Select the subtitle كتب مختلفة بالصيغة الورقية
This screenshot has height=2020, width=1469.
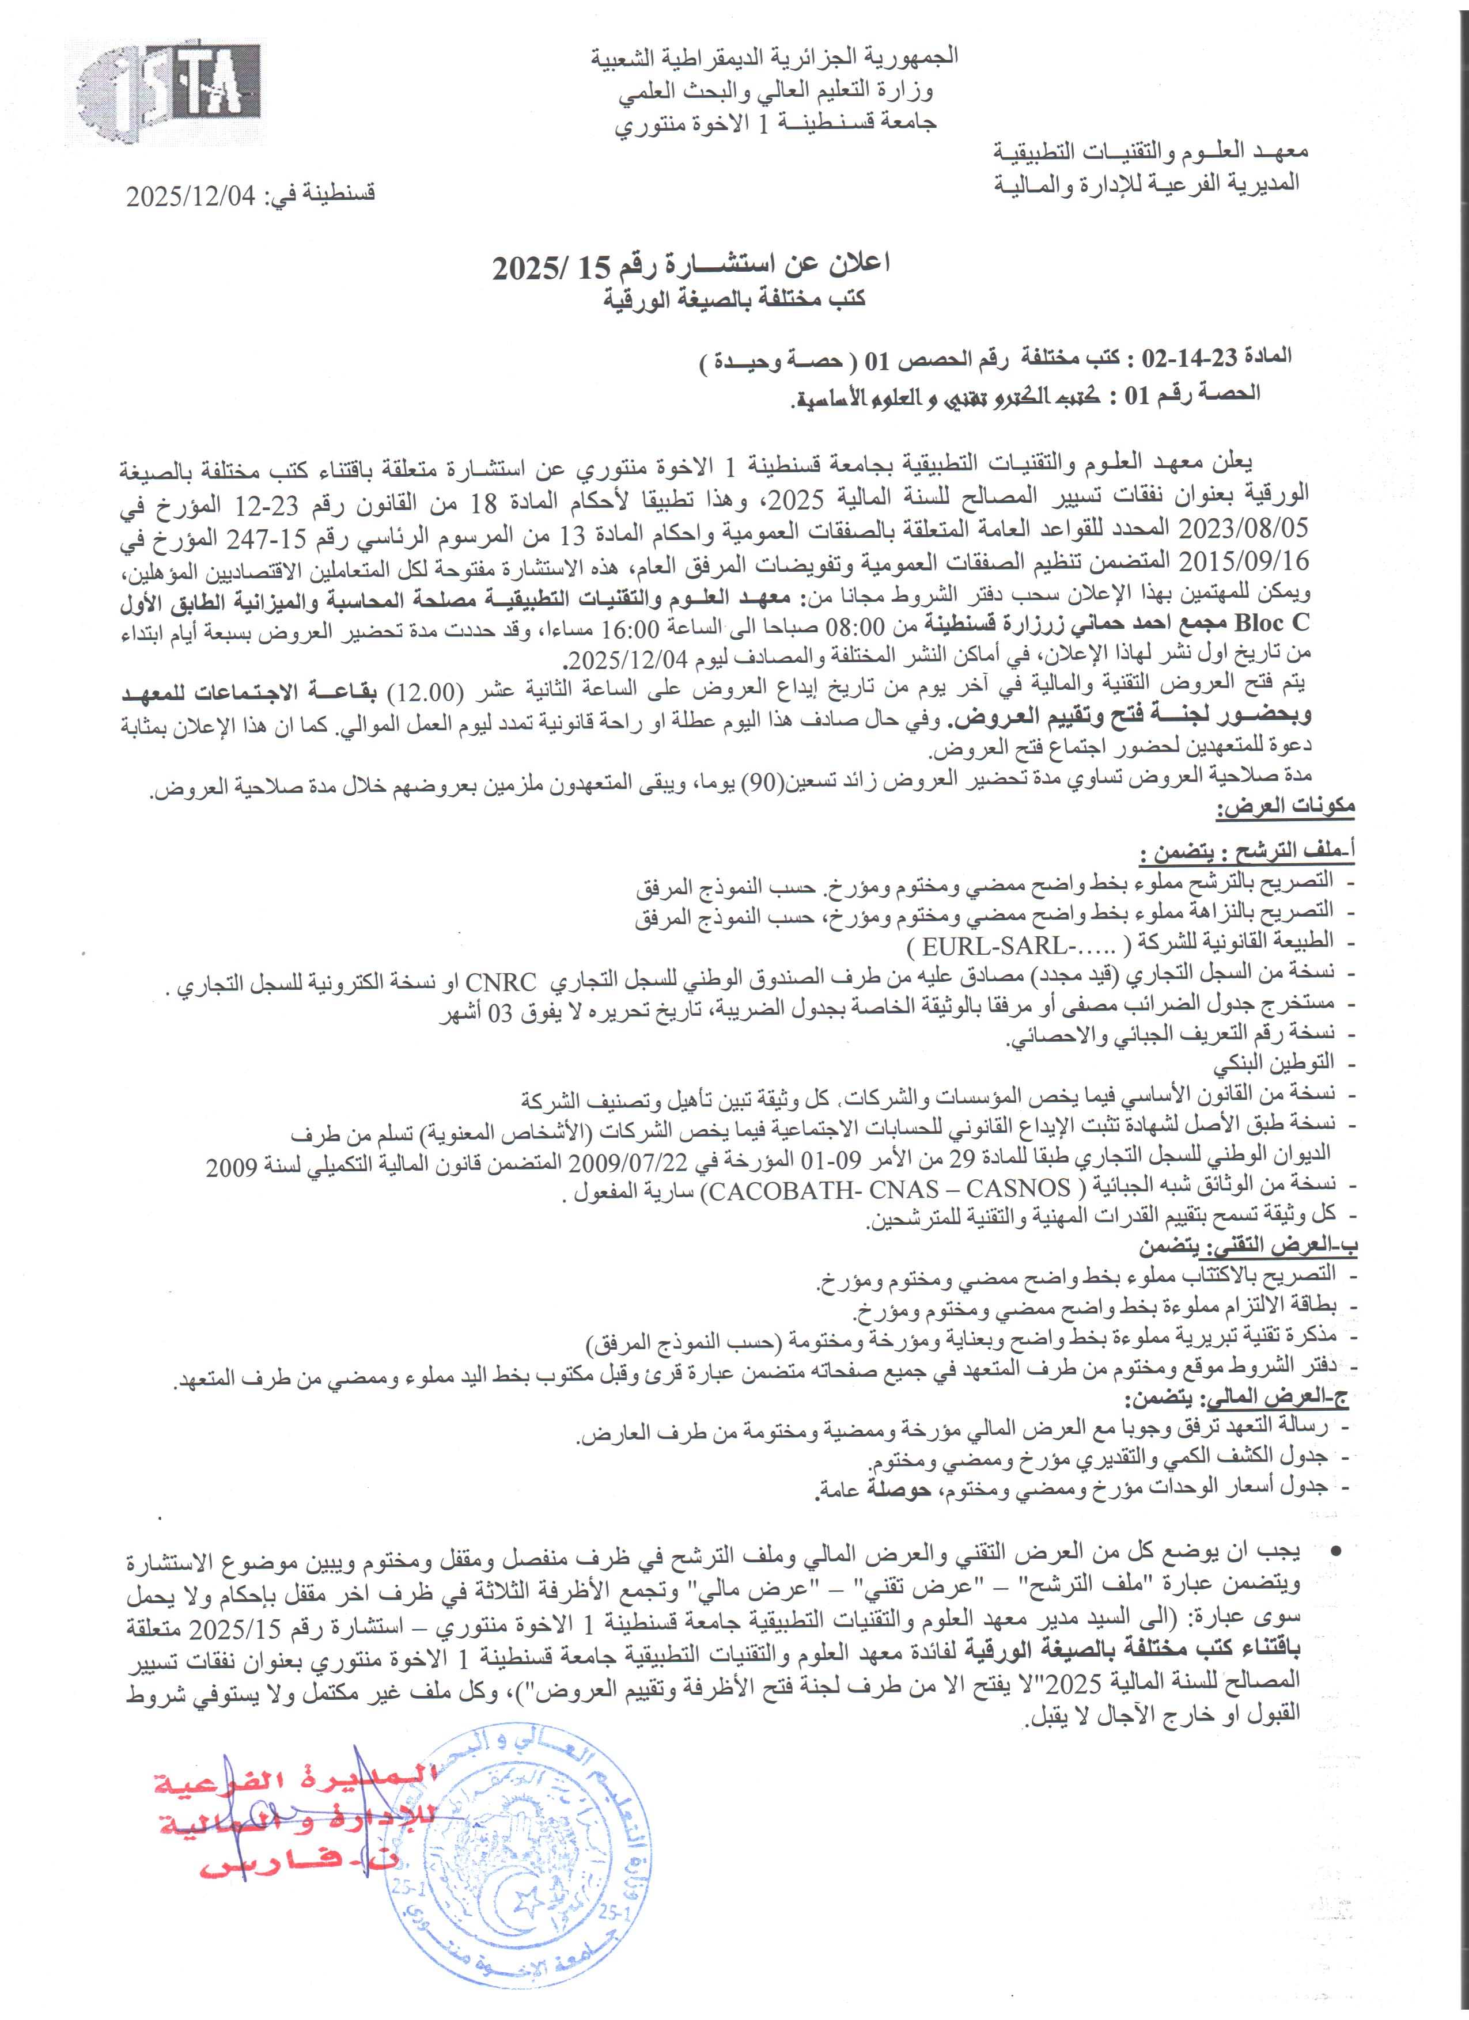pyautogui.click(x=735, y=299)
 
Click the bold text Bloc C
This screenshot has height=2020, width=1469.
pyautogui.click(x=1277, y=620)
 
